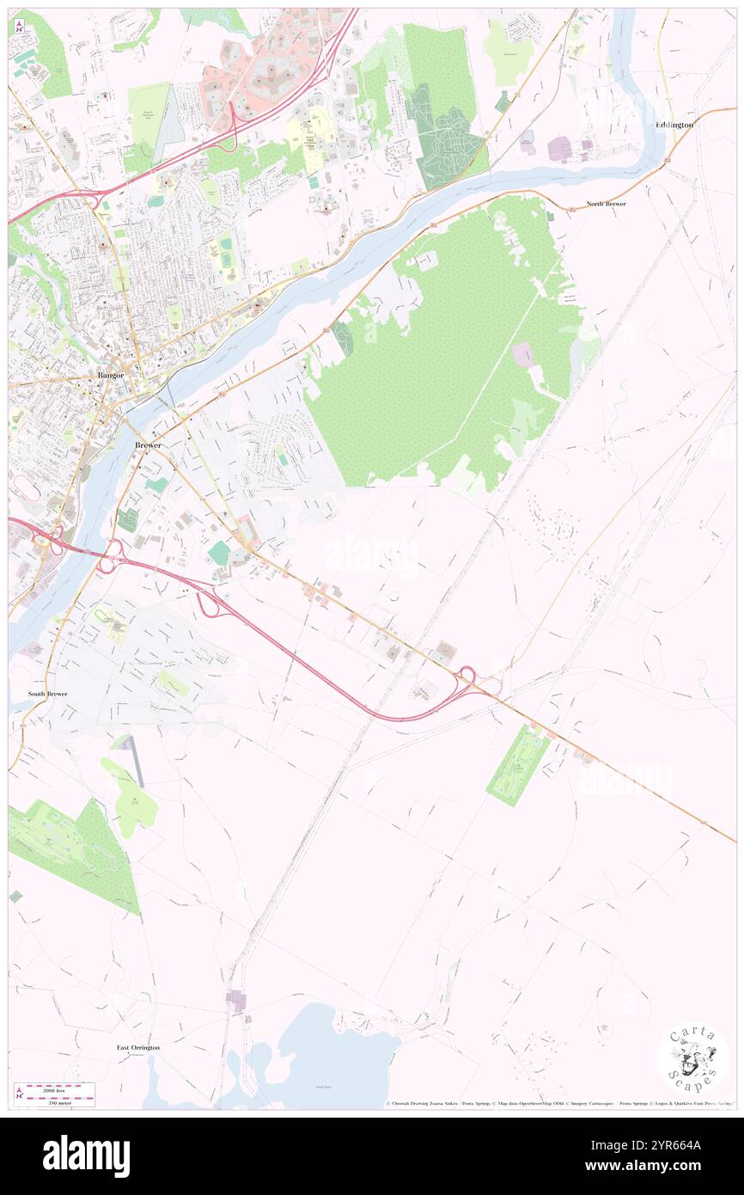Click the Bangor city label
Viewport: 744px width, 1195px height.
(111, 376)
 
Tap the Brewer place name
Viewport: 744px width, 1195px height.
(148, 445)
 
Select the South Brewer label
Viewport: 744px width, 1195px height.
(47, 693)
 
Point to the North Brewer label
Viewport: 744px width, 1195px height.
(607, 204)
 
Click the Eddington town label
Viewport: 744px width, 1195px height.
(674, 125)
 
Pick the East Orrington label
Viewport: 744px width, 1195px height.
(138, 1047)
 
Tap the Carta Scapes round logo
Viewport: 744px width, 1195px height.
(692, 1059)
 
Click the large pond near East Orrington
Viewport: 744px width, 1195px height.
(339, 1053)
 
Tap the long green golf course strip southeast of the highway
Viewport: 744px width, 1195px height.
(518, 764)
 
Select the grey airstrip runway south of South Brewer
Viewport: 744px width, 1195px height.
(135, 761)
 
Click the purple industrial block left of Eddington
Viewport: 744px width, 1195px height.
(559, 149)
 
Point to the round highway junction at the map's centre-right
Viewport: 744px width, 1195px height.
(468, 677)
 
